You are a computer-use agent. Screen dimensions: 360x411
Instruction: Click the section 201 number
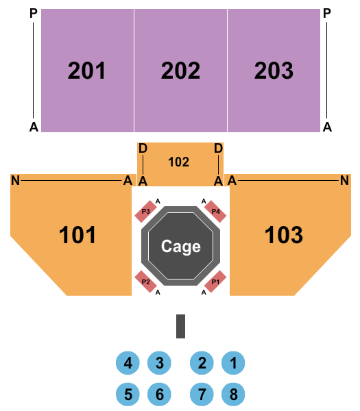click(x=86, y=71)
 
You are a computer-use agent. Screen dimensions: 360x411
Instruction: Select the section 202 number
click(x=180, y=71)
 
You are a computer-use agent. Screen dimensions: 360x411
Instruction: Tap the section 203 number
click(x=274, y=71)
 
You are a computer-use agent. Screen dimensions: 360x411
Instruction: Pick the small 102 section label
click(x=178, y=162)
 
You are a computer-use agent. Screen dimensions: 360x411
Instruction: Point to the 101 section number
click(x=77, y=235)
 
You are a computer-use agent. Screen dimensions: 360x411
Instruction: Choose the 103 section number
click(x=284, y=235)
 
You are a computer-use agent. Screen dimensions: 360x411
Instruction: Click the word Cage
click(x=181, y=247)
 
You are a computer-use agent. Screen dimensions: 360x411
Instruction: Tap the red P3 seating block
click(x=145, y=212)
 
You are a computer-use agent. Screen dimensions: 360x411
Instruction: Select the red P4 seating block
click(x=215, y=212)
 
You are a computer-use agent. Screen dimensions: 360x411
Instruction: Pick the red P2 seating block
click(x=145, y=282)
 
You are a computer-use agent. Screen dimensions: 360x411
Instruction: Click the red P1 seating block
click(x=215, y=282)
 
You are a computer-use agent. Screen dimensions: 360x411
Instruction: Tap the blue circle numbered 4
click(x=128, y=363)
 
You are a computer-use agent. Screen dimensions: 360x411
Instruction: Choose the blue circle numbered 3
click(x=159, y=363)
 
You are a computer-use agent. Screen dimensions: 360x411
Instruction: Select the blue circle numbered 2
click(x=202, y=363)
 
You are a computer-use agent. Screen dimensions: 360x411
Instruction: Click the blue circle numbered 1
click(x=233, y=363)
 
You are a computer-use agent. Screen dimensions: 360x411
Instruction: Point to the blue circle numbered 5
click(x=128, y=395)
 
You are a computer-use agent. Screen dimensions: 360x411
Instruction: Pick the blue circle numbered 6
click(x=159, y=395)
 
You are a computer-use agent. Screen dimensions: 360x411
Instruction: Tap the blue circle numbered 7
click(x=202, y=395)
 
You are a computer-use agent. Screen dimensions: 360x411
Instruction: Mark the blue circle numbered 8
click(x=233, y=395)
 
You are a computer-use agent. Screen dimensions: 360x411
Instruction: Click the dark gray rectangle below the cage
click(x=181, y=326)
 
